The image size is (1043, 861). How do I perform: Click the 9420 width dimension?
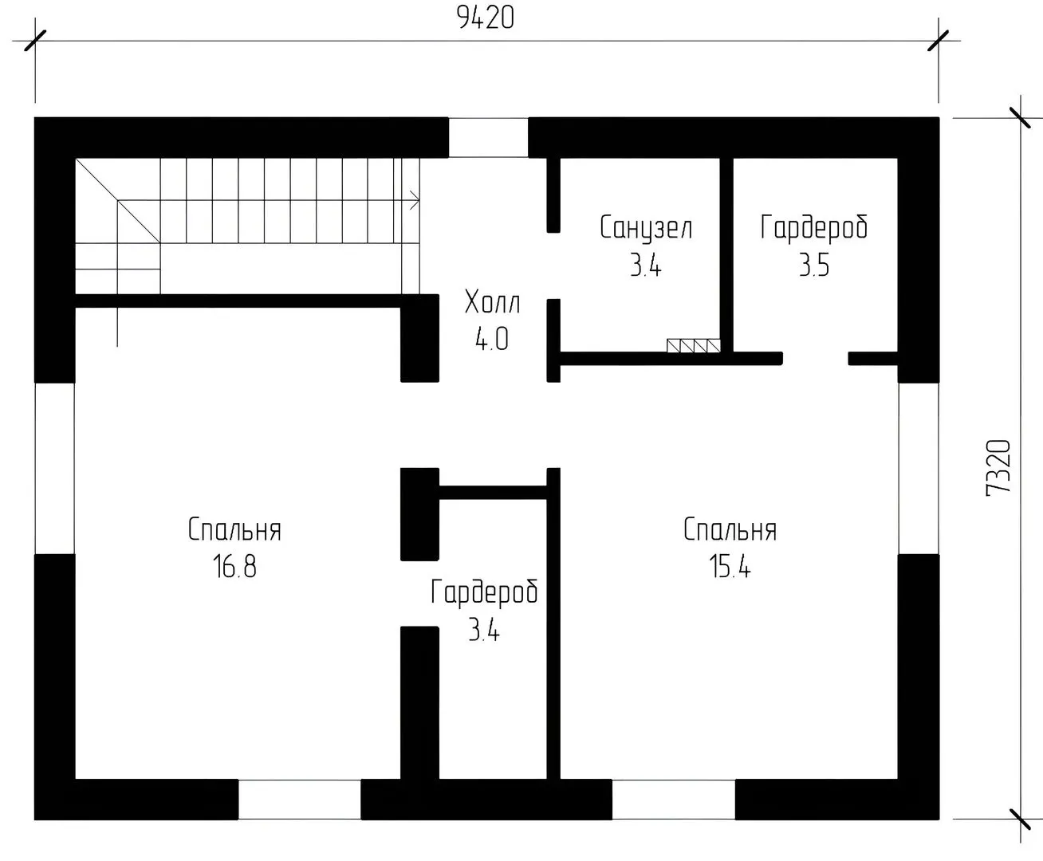click(x=485, y=18)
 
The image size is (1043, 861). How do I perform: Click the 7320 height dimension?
click(x=998, y=468)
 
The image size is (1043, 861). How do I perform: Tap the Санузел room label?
click(x=646, y=228)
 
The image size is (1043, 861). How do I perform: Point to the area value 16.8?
click(x=234, y=567)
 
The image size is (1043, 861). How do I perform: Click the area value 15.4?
click(x=730, y=567)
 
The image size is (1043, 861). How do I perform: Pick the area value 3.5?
click(x=813, y=265)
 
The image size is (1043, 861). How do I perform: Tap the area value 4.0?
click(x=492, y=339)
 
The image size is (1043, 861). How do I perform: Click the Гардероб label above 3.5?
click(x=813, y=229)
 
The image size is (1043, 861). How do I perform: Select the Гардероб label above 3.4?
click(x=484, y=593)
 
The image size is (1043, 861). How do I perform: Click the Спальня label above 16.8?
click(x=234, y=529)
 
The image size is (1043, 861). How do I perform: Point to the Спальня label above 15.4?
click(x=730, y=529)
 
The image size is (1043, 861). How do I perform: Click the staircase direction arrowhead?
click(x=415, y=200)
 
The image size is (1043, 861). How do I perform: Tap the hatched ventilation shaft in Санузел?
click(x=693, y=346)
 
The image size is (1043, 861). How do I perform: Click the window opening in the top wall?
click(x=489, y=137)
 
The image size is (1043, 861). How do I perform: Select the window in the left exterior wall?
click(x=55, y=468)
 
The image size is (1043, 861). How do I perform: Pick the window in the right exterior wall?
click(x=919, y=468)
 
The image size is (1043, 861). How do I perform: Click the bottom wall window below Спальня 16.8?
click(x=299, y=799)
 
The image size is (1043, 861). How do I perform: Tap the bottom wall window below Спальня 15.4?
click(x=673, y=799)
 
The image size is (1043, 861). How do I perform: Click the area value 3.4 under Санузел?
click(x=645, y=265)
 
